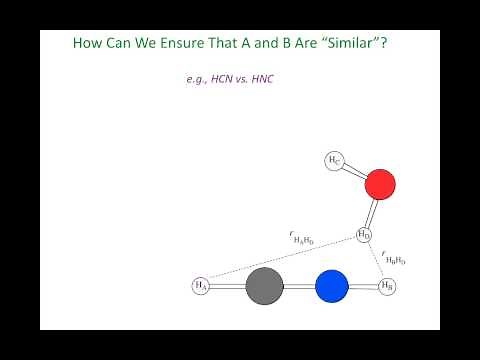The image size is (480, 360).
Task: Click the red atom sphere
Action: click(x=380, y=185)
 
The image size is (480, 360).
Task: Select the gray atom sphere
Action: click(x=265, y=286)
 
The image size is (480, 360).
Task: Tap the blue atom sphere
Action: click(x=332, y=286)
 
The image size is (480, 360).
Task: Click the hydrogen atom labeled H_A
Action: click(x=201, y=286)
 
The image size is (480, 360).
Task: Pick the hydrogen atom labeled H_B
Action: click(x=388, y=286)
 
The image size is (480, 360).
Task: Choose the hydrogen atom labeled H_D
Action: click(x=364, y=235)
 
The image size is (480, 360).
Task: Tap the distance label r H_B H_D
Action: click(x=394, y=260)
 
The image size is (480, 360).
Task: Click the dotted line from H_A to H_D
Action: click(x=280, y=261)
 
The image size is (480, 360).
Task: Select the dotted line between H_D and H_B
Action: click(x=376, y=261)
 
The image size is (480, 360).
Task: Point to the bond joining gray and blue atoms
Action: click(x=299, y=286)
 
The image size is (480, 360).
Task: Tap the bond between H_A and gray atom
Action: click(x=227, y=286)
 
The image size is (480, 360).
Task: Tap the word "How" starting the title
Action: click(x=88, y=45)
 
